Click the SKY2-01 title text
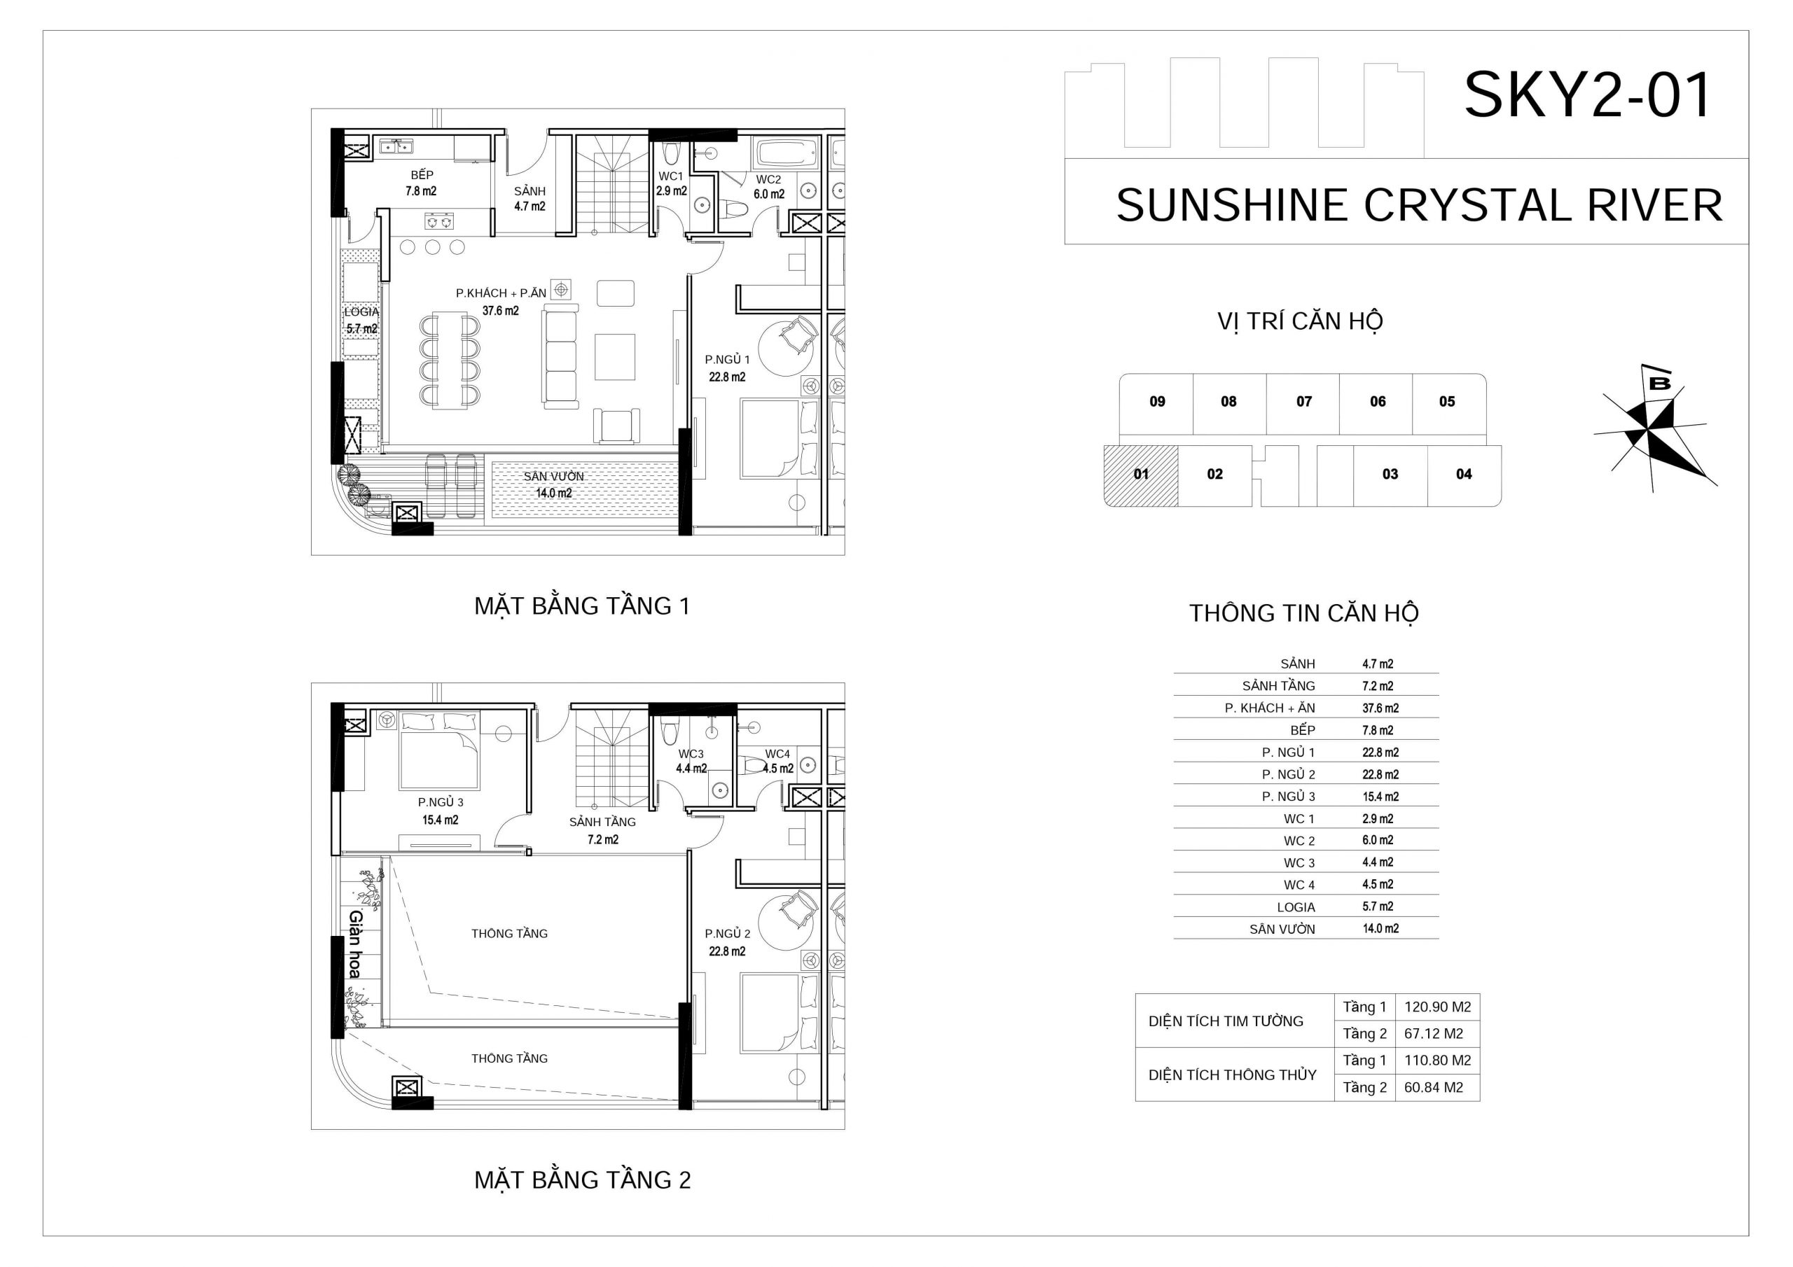click(1588, 95)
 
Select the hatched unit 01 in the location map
click(1141, 475)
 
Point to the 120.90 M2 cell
click(1437, 1007)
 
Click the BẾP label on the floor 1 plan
click(422, 175)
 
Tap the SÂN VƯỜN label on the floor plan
click(554, 476)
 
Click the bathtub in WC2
click(787, 152)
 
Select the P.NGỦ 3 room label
click(441, 801)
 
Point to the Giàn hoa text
click(354, 944)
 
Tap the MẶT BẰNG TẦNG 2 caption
click(583, 1179)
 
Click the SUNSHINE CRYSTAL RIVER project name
click(1419, 205)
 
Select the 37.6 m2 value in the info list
click(1380, 708)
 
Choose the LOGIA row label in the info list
click(1296, 907)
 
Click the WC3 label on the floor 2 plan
click(691, 754)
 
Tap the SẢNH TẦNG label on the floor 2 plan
click(602, 822)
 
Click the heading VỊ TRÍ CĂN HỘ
click(1300, 321)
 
